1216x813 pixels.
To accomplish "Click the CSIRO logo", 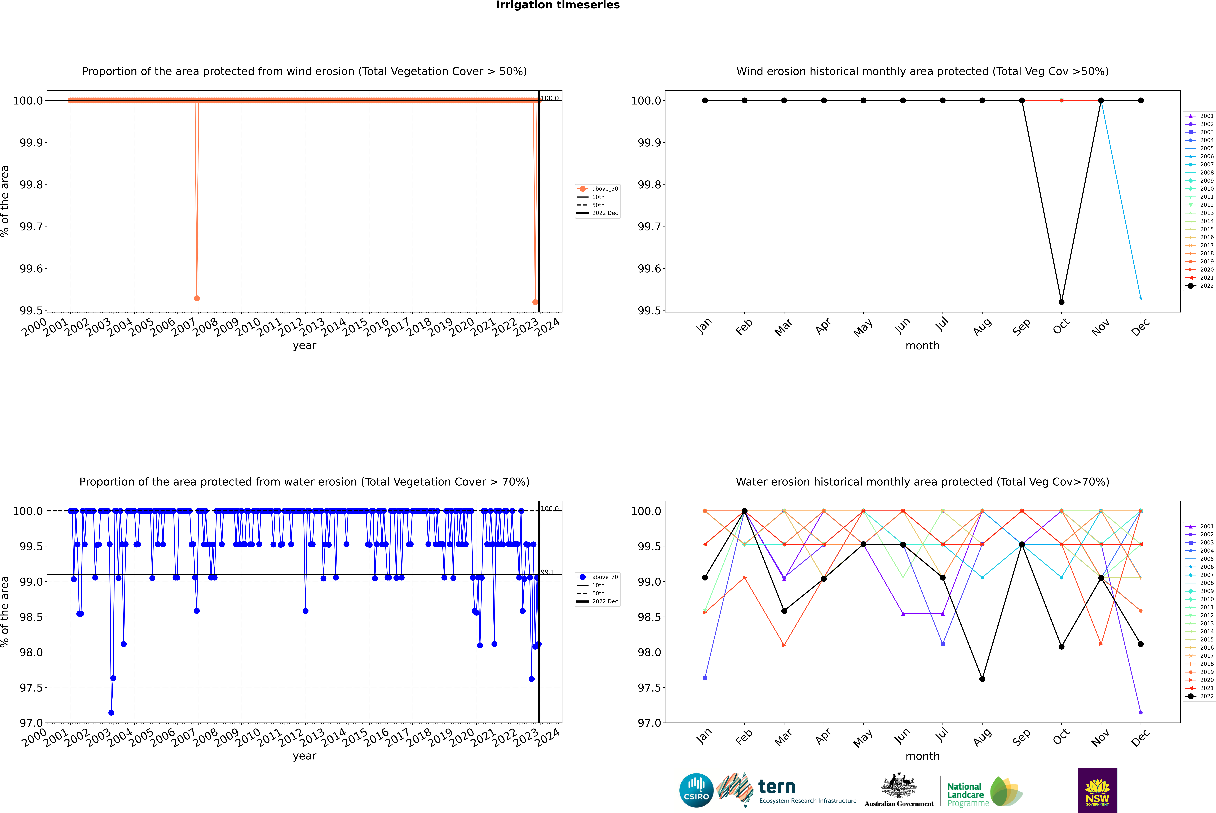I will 696,790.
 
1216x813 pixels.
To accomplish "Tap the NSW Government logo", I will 1097,790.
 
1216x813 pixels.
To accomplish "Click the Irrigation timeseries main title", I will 558,5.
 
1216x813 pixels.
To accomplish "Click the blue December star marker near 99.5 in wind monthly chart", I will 1140,298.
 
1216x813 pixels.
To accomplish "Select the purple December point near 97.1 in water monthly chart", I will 1140,712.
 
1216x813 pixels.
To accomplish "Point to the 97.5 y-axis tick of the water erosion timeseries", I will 31,688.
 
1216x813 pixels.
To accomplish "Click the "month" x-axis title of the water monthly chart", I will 922,756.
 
